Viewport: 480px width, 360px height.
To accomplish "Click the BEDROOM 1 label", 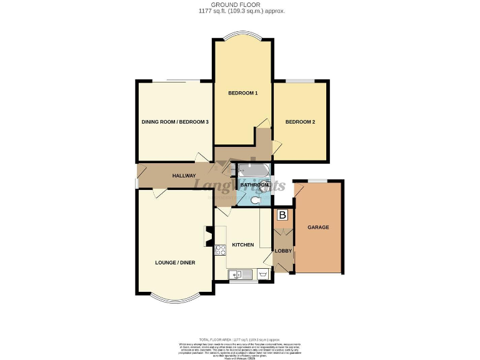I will tap(243, 93).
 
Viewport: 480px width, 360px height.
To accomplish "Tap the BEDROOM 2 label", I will tap(300, 122).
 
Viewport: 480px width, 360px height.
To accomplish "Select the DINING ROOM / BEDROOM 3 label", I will tap(175, 122).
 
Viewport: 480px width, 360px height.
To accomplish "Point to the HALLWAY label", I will tap(184, 176).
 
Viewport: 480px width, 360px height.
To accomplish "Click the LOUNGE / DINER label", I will tap(175, 263).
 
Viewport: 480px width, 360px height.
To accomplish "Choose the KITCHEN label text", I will tap(243, 244).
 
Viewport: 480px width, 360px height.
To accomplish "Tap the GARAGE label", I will tap(318, 227).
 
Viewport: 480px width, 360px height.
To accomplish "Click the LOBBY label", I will tap(283, 251).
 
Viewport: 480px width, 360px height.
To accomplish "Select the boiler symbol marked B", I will tap(282, 216).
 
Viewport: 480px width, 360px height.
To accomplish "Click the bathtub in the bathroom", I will tap(253, 170).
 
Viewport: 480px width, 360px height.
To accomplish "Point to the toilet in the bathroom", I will tap(264, 199).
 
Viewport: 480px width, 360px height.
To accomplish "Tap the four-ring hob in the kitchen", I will tap(221, 250).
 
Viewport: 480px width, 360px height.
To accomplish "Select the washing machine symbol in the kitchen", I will tap(262, 274).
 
